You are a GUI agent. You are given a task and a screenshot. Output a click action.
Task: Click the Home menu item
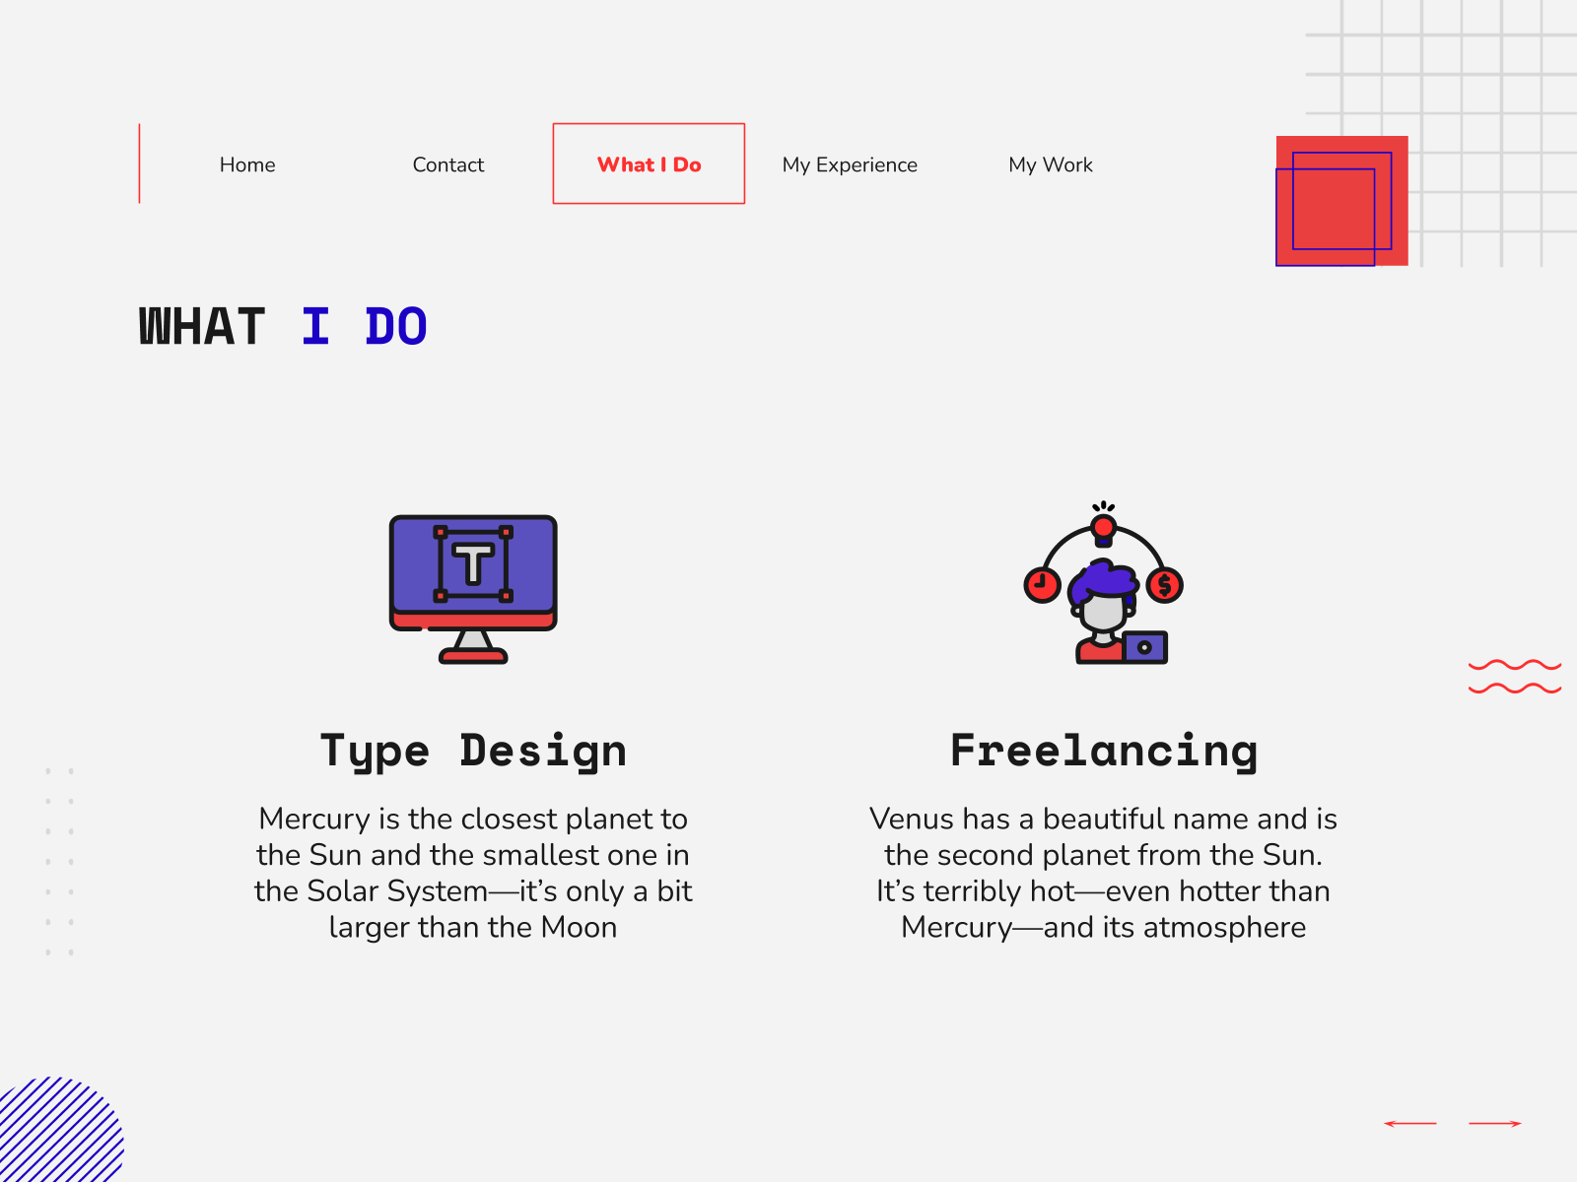[247, 164]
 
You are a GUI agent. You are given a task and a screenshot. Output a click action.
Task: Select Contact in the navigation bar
[448, 164]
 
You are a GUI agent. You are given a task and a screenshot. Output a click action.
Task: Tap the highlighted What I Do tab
[649, 164]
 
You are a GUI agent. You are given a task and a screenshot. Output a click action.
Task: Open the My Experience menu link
[850, 165]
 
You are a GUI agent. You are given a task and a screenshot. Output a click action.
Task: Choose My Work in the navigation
[1051, 165]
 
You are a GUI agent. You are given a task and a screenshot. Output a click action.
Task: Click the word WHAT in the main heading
[202, 327]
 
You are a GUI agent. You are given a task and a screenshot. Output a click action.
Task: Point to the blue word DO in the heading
[396, 327]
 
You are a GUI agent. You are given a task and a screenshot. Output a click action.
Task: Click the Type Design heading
[473, 752]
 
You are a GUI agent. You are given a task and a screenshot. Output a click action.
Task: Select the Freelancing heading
[1104, 752]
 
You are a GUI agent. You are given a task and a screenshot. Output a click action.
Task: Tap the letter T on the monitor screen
[473, 563]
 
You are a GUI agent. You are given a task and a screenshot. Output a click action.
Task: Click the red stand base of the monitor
[473, 656]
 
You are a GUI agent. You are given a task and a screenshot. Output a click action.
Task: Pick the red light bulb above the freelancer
[1104, 530]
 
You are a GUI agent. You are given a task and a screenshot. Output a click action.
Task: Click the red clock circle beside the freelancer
[1043, 585]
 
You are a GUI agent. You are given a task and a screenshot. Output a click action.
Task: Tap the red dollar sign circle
[1165, 585]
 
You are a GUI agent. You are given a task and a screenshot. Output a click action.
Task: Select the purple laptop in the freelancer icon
[1145, 647]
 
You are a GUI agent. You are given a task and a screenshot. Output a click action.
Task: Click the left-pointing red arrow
[1409, 1123]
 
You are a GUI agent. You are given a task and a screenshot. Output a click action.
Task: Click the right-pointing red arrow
[1495, 1123]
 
